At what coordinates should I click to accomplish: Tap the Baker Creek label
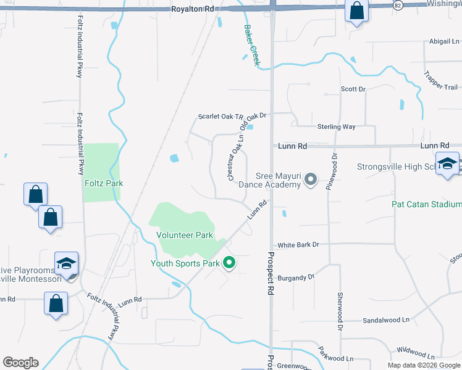pos(251,45)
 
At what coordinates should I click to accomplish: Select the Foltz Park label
pos(104,183)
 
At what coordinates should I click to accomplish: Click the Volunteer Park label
pos(185,235)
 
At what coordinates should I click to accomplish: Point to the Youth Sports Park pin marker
pos(229,263)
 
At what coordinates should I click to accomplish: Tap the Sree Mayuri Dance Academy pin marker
pos(311,180)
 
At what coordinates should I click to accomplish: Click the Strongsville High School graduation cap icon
pos(447,164)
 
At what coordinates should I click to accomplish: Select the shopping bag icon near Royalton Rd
pos(356,10)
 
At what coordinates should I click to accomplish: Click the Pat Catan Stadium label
pos(427,204)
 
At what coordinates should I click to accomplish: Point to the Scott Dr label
pos(353,89)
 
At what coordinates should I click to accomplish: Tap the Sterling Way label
pos(337,126)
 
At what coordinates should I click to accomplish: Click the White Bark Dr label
pos(298,245)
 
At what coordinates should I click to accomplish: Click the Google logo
pos(20,363)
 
